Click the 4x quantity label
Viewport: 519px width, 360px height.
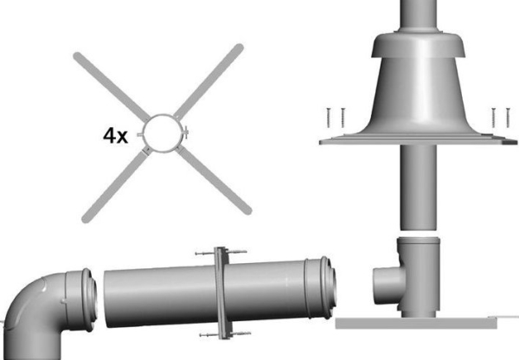115,136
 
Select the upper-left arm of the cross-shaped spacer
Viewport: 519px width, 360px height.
112,87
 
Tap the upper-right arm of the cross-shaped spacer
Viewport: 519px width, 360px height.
208,81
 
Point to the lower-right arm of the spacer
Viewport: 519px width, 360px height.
214,181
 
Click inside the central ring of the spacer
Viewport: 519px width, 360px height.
163,133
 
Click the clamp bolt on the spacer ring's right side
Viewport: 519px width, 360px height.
186,132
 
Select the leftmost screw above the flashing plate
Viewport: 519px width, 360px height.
329,118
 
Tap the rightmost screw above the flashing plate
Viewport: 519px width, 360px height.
508,118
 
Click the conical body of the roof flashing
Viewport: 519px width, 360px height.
419,96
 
